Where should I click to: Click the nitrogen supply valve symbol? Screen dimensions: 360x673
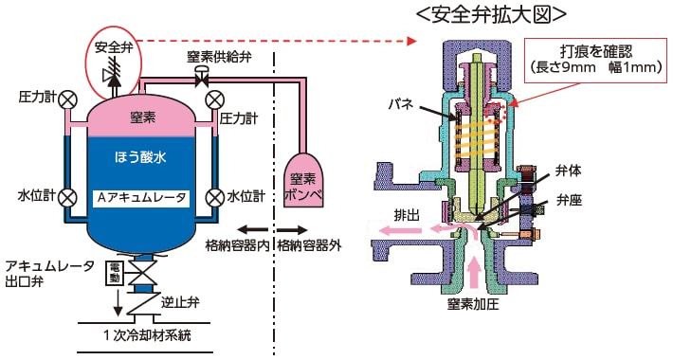[x=202, y=81]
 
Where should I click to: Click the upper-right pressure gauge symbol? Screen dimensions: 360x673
[x=214, y=99]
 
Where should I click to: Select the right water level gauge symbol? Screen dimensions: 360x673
[x=214, y=198]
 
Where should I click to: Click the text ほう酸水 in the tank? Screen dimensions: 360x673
[x=140, y=154]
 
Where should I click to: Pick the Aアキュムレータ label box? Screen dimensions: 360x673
[x=142, y=198]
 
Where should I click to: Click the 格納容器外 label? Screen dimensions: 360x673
[x=307, y=246]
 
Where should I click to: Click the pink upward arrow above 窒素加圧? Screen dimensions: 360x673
[x=474, y=274]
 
